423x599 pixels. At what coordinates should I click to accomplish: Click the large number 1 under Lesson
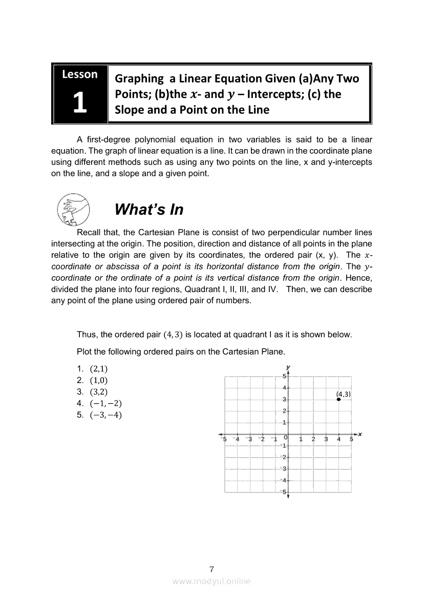(79, 103)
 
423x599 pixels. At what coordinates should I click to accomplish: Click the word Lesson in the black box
(79, 74)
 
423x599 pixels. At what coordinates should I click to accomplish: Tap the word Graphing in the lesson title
(138, 78)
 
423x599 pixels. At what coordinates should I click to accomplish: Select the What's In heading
(149, 209)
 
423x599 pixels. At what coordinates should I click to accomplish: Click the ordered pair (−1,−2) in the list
(105, 403)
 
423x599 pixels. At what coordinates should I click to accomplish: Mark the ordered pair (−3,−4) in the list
(105, 415)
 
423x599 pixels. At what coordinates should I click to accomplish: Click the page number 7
(211, 569)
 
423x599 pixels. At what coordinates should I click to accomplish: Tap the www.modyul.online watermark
(211, 581)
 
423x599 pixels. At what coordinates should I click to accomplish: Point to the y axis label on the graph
(289, 367)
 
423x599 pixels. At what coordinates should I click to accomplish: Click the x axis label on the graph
(360, 434)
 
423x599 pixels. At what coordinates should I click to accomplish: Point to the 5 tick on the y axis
(284, 377)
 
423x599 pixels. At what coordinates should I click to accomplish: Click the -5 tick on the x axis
(223, 439)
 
